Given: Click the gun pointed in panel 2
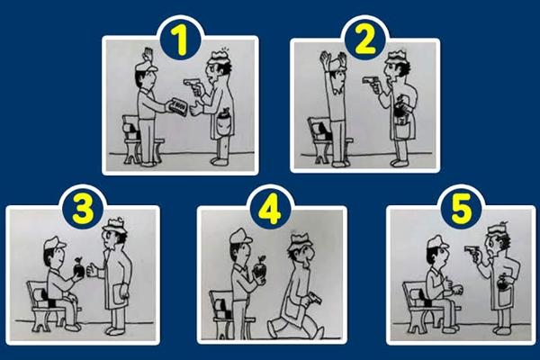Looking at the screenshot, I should point(368,81).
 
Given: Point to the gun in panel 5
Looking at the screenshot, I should point(472,249).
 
